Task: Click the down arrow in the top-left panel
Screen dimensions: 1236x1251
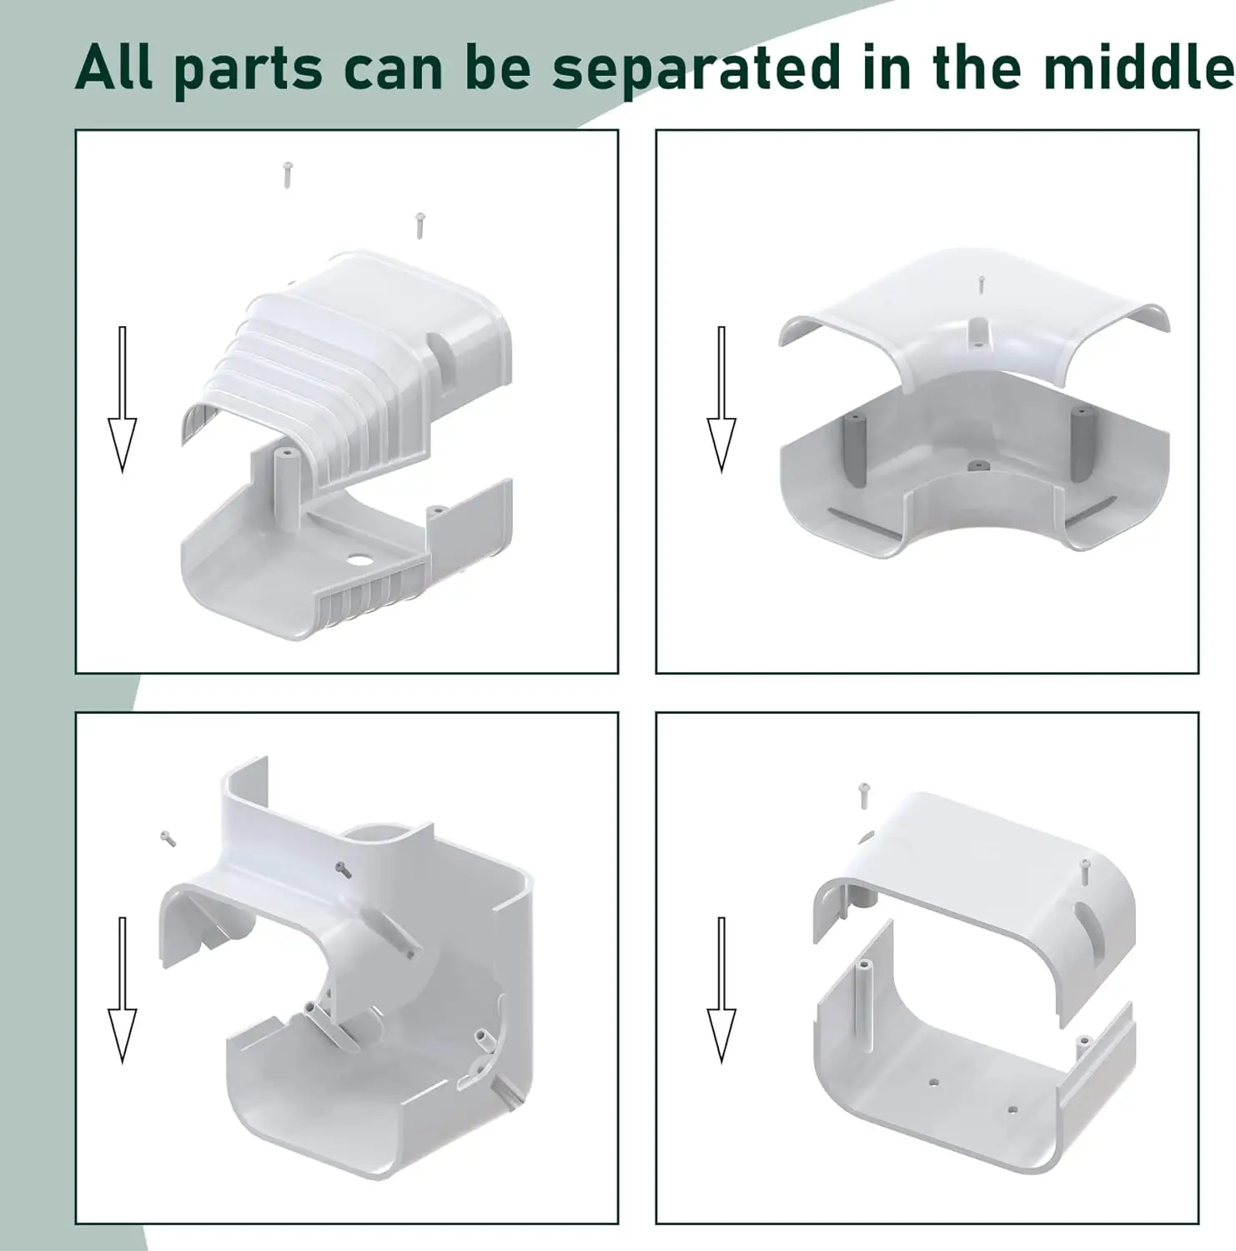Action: pos(123,399)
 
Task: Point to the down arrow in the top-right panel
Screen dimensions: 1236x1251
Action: pos(721,399)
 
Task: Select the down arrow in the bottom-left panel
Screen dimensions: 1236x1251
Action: pos(123,990)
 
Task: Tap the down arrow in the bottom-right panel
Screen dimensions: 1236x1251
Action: pos(721,990)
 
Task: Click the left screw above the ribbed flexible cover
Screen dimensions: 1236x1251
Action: pos(288,174)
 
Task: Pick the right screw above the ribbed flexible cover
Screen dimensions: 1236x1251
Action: pos(420,225)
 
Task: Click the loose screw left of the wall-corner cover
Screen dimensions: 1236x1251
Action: pos(168,839)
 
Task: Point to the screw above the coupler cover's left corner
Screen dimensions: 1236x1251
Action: pos(864,795)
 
